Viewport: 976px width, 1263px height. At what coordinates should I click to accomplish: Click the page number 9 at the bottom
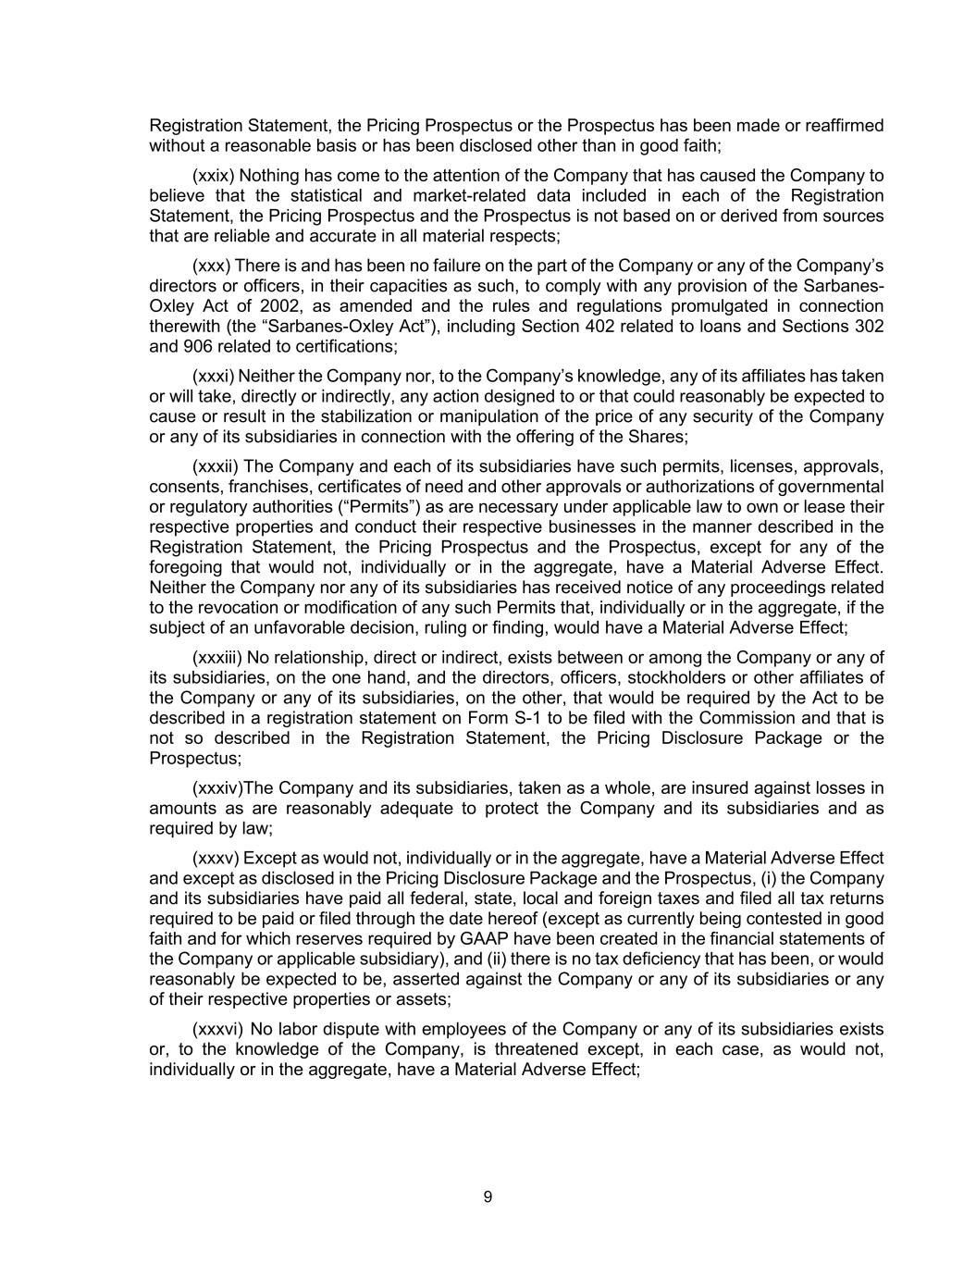tap(488, 1197)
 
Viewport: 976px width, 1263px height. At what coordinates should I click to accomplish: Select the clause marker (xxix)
tap(213, 176)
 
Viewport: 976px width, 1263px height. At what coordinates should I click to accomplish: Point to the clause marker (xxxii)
tap(215, 466)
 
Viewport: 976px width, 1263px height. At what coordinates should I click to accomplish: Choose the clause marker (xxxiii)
tap(216, 658)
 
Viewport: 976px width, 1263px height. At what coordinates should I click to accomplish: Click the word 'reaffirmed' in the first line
tap(843, 126)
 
